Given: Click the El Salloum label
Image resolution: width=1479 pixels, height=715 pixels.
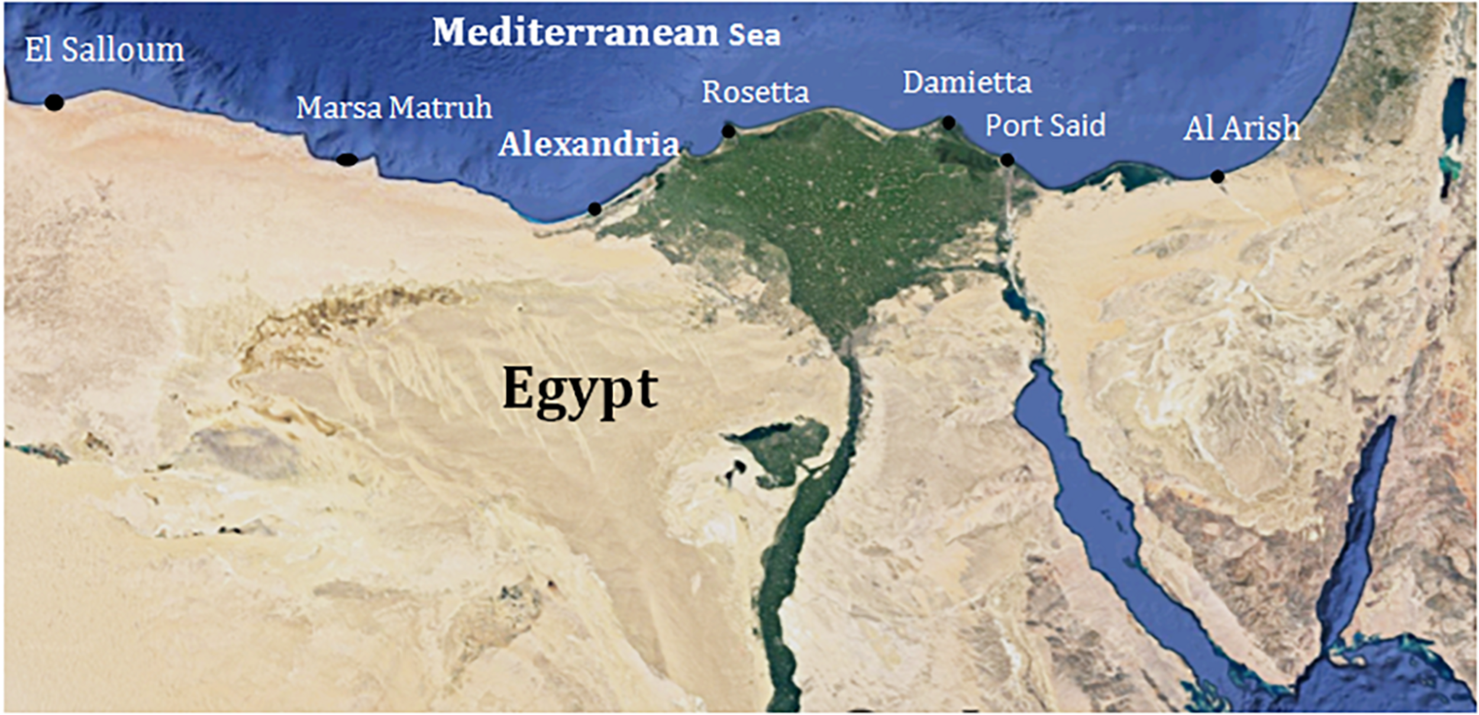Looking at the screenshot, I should point(104,50).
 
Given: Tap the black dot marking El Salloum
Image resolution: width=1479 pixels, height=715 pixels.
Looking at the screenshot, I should point(54,102).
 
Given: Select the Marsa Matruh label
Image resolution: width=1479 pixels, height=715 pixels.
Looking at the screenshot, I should point(394,108).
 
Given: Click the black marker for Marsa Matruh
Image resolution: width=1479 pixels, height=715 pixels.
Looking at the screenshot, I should point(347,159).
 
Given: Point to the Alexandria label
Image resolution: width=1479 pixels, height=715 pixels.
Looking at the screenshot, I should point(589,144).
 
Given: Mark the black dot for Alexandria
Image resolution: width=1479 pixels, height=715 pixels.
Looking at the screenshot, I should point(595,209).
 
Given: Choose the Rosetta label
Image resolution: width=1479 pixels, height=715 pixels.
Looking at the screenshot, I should point(755,93).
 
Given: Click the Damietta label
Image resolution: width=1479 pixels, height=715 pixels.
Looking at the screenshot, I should point(967,83).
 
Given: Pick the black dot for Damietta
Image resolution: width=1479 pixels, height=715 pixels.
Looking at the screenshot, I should point(948,123).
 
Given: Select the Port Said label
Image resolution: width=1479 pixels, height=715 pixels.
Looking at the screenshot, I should point(1045,126).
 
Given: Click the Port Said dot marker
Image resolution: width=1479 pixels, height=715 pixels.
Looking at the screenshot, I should point(1007,160).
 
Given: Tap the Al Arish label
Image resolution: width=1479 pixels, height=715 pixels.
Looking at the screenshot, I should point(1241,129).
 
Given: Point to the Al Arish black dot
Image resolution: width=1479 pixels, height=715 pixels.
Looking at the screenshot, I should point(1217,176).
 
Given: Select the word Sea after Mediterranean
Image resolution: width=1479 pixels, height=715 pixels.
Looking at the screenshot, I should point(754,35).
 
